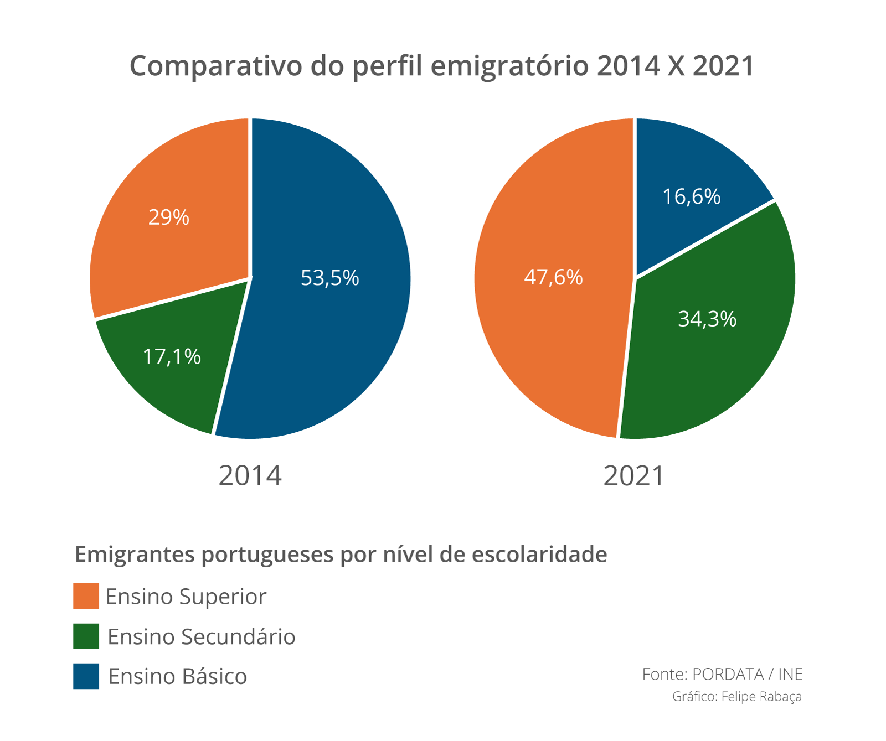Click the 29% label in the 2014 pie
pyautogui.click(x=169, y=217)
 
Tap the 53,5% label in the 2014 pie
pyautogui.click(x=329, y=277)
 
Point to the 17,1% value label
pyautogui.click(x=172, y=357)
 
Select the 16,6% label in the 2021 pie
pyautogui.click(x=692, y=196)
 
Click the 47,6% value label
pyautogui.click(x=553, y=277)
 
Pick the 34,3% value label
pyautogui.click(x=707, y=319)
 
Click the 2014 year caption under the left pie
pyautogui.click(x=250, y=476)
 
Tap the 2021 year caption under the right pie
pyautogui.click(x=633, y=476)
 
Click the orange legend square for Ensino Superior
pyautogui.click(x=86, y=596)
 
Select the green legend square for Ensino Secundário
pyautogui.click(x=86, y=636)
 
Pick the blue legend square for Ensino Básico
pyautogui.click(x=86, y=676)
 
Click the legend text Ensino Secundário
pyautogui.click(x=201, y=637)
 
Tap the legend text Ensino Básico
pyautogui.click(x=177, y=677)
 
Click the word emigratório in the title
pyautogui.click(x=509, y=66)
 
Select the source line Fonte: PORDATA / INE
pyautogui.click(x=722, y=674)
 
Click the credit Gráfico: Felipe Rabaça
pyautogui.click(x=736, y=696)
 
